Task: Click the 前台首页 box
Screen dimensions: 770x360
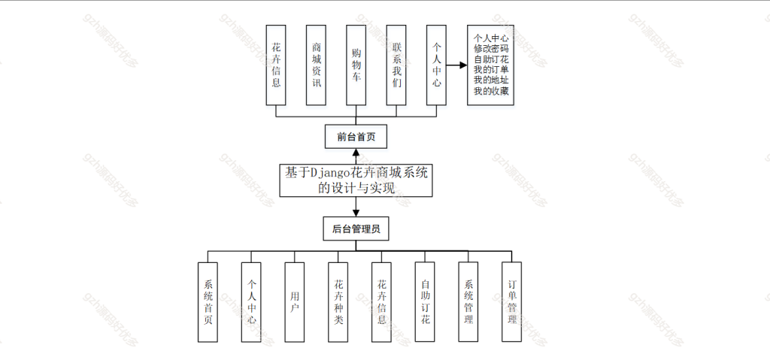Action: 356,136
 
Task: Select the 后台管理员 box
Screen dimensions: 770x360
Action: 356,228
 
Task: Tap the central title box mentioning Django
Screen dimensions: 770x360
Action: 356,180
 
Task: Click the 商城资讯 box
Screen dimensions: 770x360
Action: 316,65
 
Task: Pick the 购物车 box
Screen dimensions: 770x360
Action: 356,65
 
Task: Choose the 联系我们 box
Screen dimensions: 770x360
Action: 396,65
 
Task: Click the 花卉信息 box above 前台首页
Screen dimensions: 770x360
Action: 276,65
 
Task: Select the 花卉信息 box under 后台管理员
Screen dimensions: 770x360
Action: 381,302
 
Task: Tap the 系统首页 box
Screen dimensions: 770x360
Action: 208,302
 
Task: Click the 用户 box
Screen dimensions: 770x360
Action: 295,302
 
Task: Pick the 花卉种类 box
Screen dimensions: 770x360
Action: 338,302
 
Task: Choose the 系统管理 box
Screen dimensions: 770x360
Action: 468,302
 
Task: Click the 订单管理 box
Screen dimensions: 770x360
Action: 511,302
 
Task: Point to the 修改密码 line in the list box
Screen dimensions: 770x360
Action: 490,48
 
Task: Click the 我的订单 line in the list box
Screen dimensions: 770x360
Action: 490,70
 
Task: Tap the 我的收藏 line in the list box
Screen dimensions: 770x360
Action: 490,92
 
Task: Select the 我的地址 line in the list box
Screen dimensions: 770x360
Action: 490,80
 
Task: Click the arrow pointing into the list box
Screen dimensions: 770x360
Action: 456,65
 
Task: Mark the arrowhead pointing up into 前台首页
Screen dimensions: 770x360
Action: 356,152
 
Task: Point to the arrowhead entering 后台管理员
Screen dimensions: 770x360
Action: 356,213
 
